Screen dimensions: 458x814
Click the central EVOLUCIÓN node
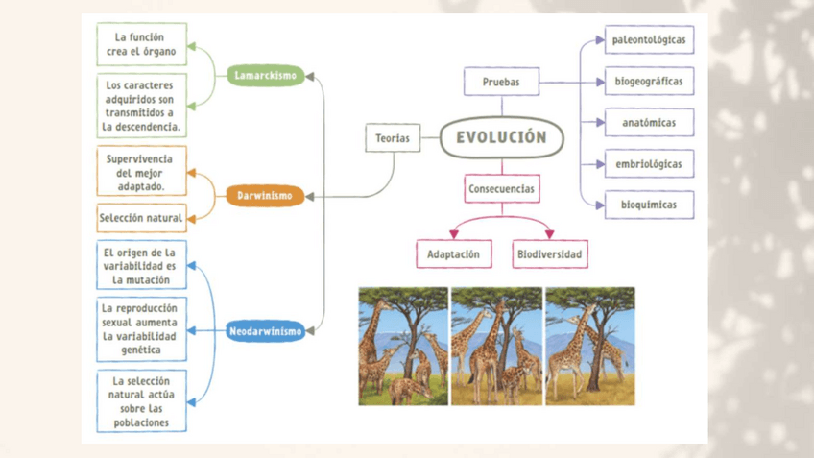(x=501, y=137)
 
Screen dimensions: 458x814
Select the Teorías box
(x=393, y=138)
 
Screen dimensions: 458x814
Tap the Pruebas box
(x=501, y=83)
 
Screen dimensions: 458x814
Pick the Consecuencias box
(x=501, y=189)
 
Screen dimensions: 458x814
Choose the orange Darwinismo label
(x=265, y=196)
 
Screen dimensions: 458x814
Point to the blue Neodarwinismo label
(x=266, y=331)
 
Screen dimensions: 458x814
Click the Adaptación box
(x=453, y=254)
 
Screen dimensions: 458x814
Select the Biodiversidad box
(x=549, y=254)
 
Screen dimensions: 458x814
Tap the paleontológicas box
(x=649, y=40)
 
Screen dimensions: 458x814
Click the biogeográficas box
(x=649, y=82)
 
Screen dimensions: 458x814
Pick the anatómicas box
(x=649, y=123)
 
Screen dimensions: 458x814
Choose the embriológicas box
(x=649, y=164)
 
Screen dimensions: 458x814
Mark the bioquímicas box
(x=649, y=205)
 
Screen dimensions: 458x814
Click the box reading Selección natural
(x=142, y=218)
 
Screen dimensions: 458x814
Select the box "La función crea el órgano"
(x=142, y=44)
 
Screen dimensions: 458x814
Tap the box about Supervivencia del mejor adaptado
(x=142, y=171)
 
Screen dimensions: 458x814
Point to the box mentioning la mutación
(x=142, y=266)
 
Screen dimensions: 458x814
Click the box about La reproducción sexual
(x=142, y=329)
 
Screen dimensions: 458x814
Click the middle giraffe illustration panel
(x=496, y=346)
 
